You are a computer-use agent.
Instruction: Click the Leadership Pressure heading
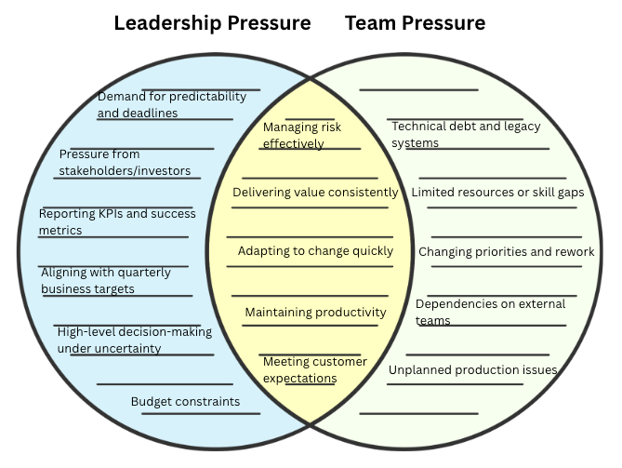[x=212, y=23]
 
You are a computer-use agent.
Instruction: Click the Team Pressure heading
[x=415, y=23]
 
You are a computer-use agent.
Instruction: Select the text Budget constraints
[x=185, y=402]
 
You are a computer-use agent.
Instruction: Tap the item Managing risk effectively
[x=303, y=135]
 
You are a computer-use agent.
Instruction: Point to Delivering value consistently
[x=315, y=193]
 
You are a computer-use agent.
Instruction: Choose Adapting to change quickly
[x=315, y=251]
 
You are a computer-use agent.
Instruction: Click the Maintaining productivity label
[x=315, y=313]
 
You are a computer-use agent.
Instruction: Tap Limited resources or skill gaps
[x=497, y=193]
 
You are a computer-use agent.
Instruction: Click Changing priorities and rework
[x=506, y=252]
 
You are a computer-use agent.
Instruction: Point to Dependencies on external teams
[x=483, y=313]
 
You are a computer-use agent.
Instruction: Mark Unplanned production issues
[x=472, y=370]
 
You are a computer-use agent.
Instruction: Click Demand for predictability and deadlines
[x=171, y=104]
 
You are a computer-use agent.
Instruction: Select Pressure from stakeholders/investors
[x=125, y=163]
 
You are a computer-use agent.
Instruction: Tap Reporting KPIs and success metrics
[x=117, y=221]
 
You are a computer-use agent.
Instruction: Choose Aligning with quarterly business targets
[x=106, y=281]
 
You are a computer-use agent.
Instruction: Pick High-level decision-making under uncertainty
[x=134, y=340]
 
